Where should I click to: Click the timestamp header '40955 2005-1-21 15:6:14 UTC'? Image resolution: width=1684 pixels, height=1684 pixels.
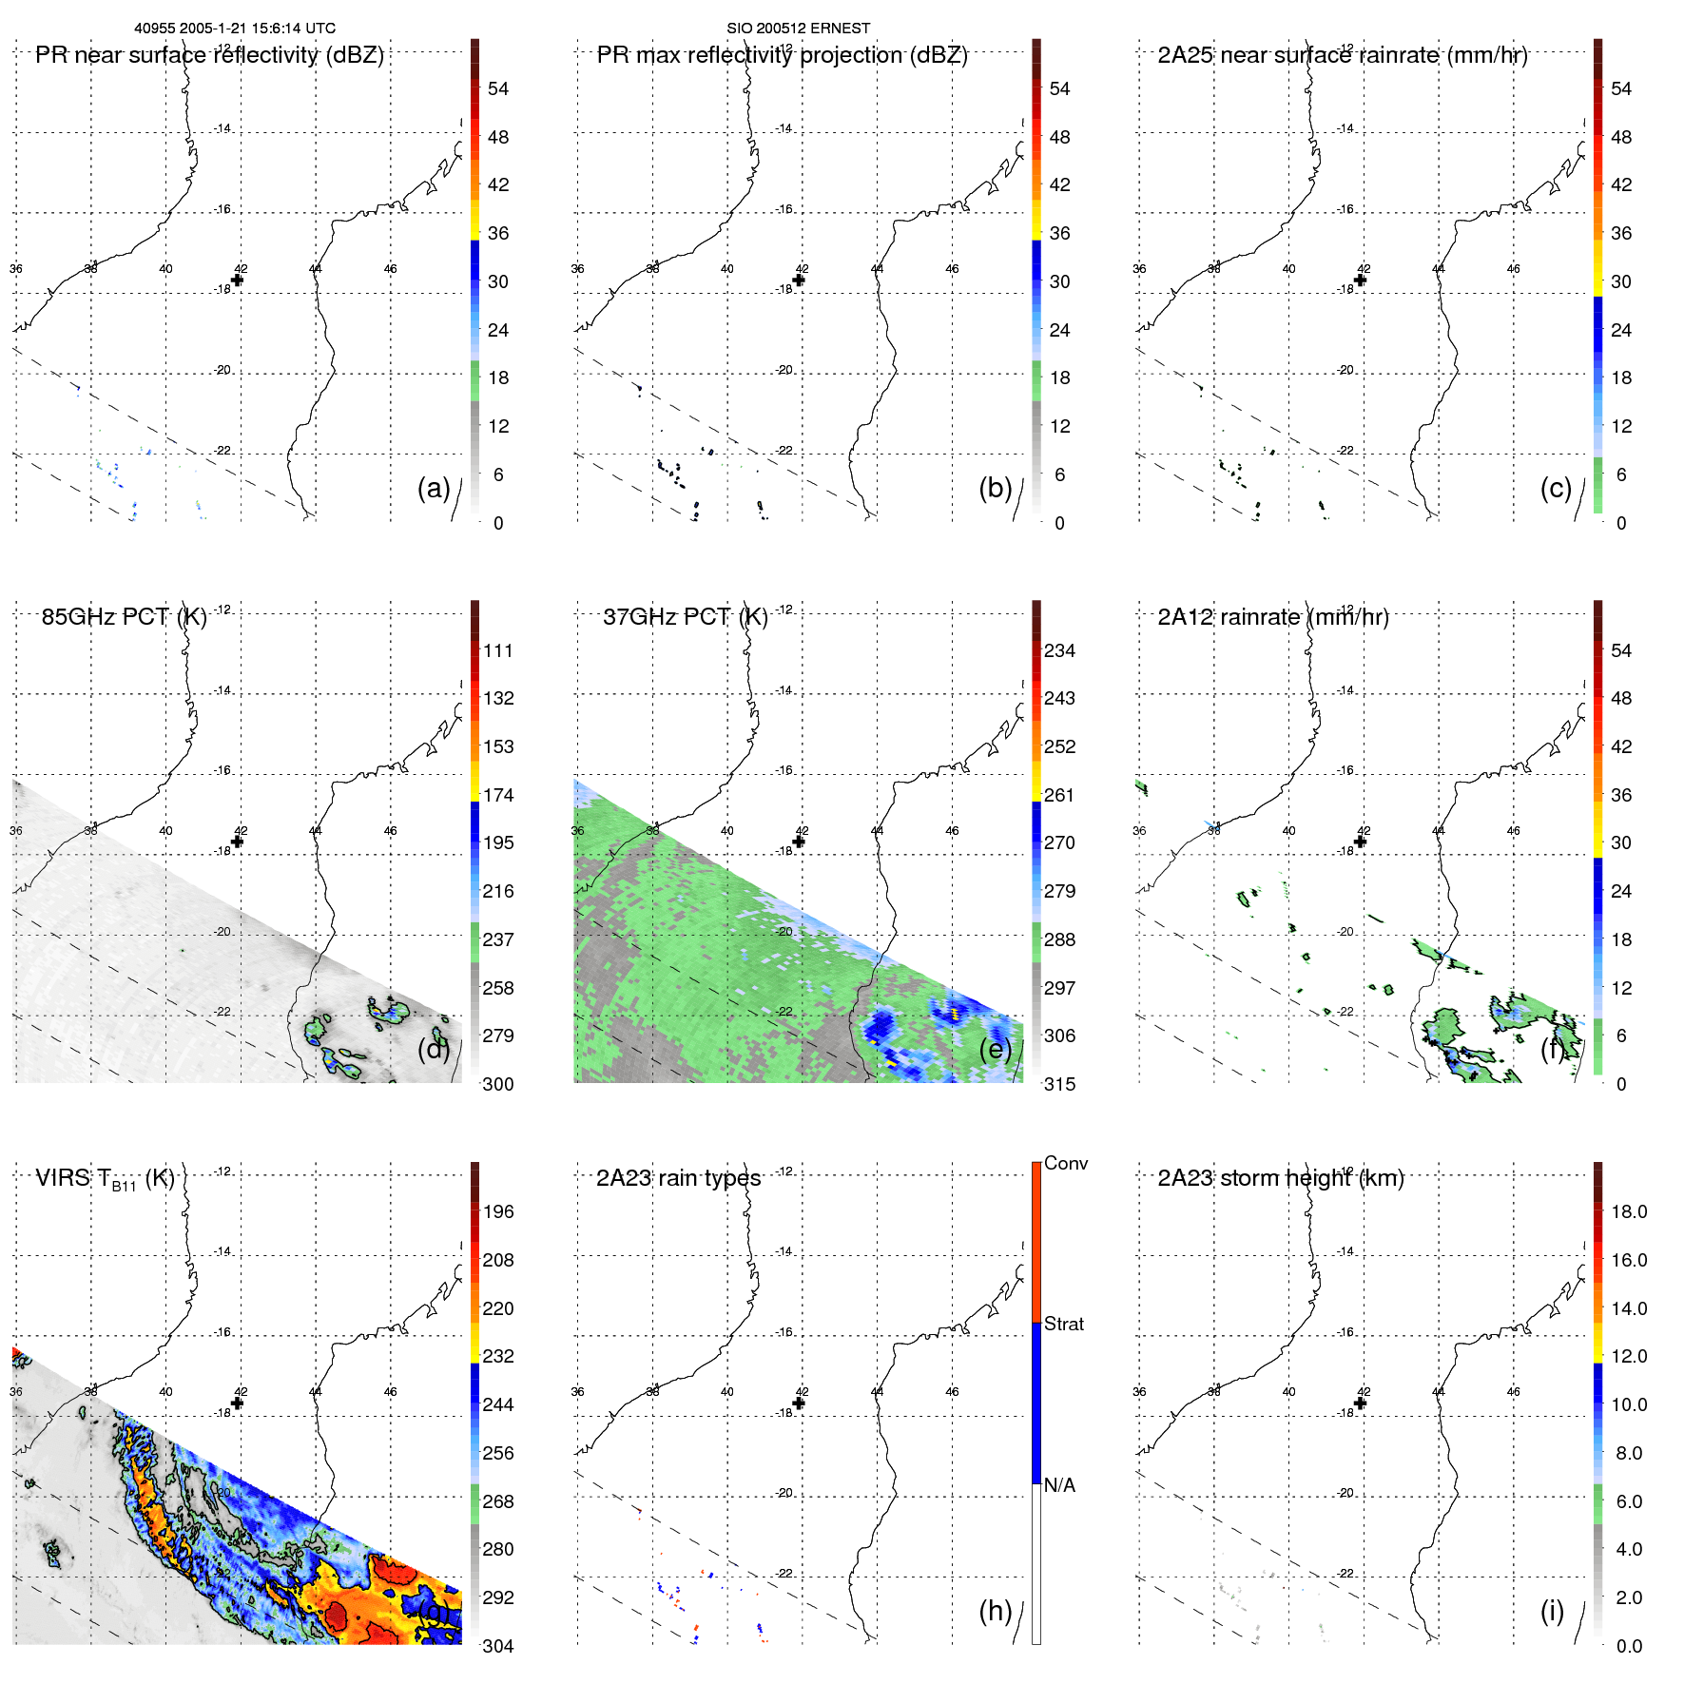point(235,29)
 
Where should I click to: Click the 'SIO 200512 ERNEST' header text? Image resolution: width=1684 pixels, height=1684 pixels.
point(798,29)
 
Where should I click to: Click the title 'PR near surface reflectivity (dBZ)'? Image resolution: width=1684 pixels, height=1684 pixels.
point(209,55)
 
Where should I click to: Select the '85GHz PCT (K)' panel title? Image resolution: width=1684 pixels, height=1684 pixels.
point(124,617)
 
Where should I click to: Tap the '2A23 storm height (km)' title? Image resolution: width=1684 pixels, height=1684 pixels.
point(1280,1178)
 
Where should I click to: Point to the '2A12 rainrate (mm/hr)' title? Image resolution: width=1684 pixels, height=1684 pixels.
point(1272,617)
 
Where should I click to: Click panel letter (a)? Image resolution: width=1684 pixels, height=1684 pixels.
point(434,488)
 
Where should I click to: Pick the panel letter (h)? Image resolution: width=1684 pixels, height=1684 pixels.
point(996,1610)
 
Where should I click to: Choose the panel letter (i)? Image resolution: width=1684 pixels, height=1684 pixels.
point(1552,1610)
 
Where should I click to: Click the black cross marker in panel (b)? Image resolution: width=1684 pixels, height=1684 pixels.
point(799,280)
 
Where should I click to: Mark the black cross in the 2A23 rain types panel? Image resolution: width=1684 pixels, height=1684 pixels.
point(799,1403)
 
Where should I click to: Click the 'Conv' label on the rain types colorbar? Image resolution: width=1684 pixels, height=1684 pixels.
point(1065,1163)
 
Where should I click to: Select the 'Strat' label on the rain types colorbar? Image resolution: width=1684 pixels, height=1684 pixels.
point(1063,1324)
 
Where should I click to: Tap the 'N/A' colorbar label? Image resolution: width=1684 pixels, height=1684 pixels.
point(1059,1485)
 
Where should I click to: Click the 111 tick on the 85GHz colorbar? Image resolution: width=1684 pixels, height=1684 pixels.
point(498,650)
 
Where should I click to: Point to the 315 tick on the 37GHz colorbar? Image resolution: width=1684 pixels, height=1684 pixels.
point(1059,1084)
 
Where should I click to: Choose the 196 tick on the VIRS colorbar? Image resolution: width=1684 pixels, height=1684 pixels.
point(498,1211)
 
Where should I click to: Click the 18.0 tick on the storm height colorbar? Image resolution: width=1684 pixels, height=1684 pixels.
point(1628,1211)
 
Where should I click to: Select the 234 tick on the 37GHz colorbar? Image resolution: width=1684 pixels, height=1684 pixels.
point(1059,650)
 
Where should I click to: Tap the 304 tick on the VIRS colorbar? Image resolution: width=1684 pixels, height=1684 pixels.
point(498,1646)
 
